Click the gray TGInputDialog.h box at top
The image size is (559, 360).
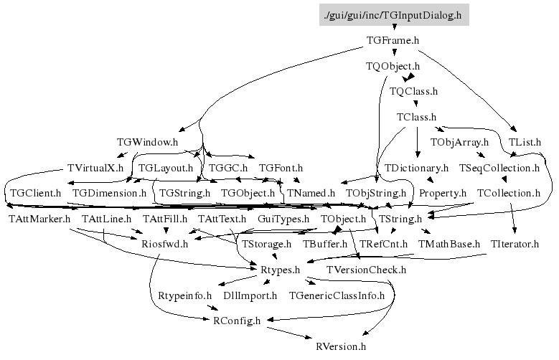pos(394,14)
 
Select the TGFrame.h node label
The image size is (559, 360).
pos(392,41)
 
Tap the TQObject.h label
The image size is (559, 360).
pos(392,66)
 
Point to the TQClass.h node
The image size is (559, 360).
pos(413,91)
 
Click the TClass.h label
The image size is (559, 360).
pos(416,116)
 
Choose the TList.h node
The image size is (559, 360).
pos(525,142)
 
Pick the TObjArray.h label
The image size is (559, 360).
pos(459,142)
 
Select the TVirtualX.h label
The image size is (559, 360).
pos(95,168)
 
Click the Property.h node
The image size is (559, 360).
pos(443,193)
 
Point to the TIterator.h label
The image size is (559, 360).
pos(515,244)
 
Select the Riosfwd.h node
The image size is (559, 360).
pos(164,244)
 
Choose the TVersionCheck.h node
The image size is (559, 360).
pos(366,270)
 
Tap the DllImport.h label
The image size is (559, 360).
pos(250,295)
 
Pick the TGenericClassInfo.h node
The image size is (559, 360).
pos(337,295)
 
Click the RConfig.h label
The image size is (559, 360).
pos(237,321)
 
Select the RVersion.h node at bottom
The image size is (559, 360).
pos(341,346)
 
